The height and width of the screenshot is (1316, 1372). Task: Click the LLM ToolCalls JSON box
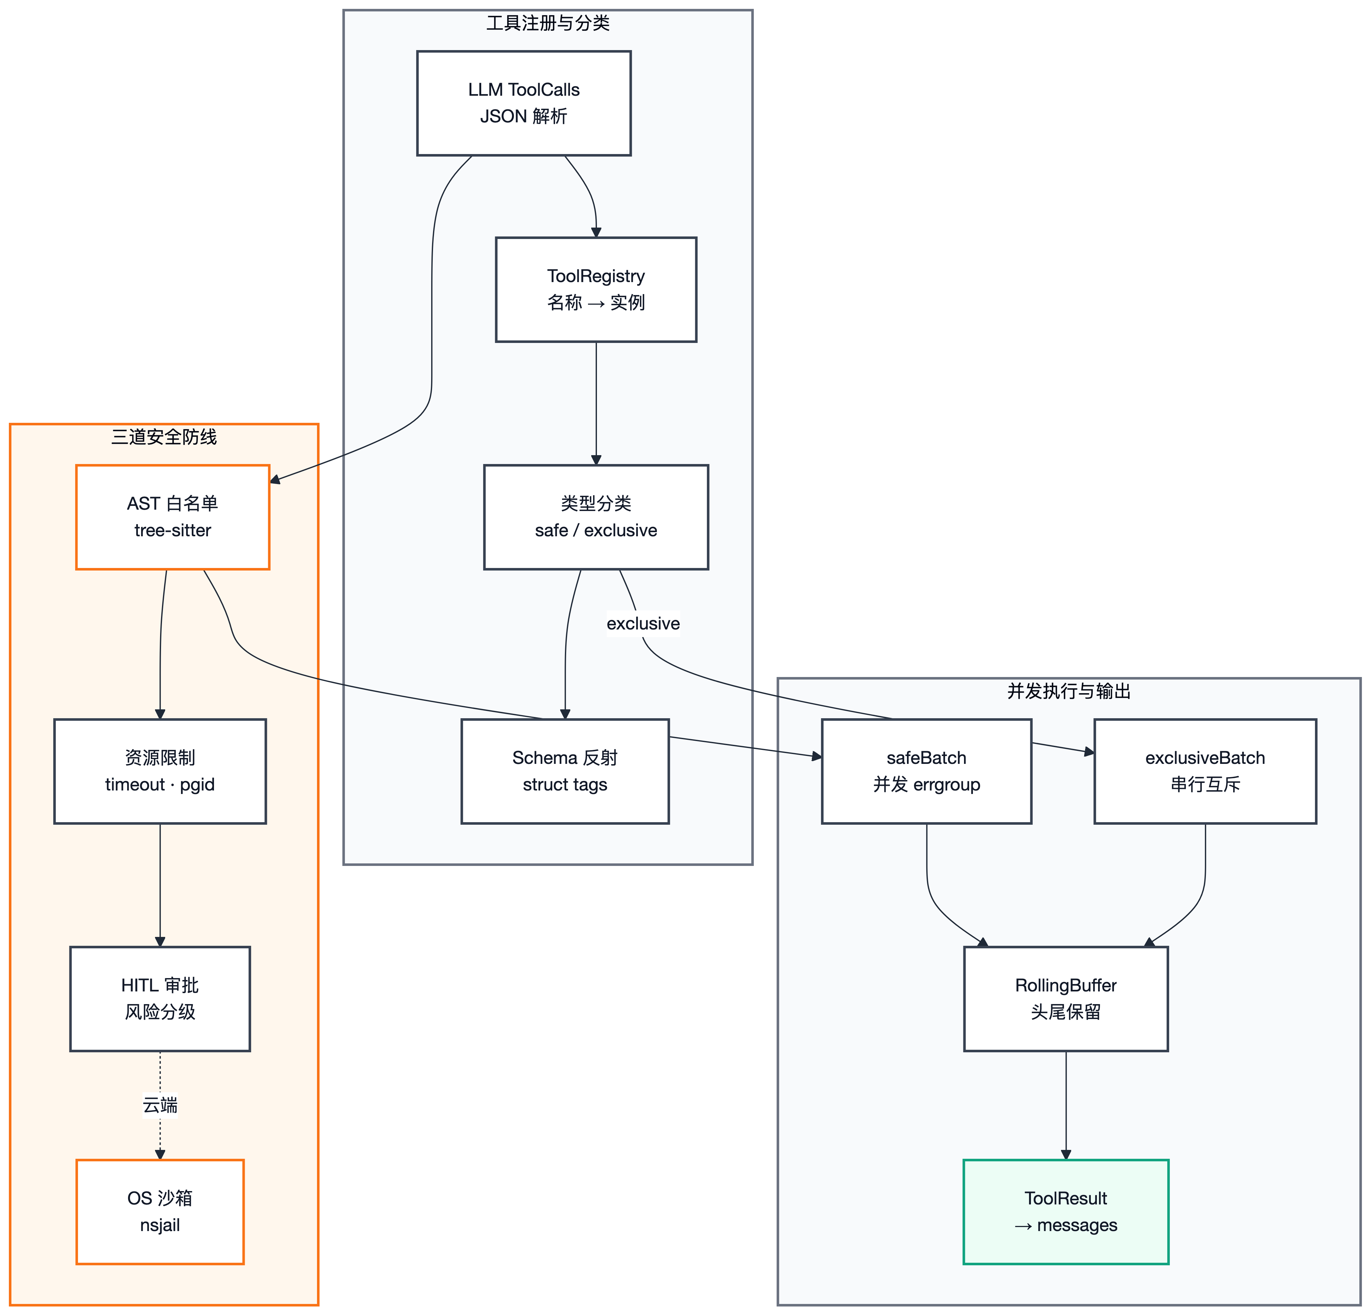[524, 103]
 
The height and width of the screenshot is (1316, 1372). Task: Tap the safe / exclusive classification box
[596, 517]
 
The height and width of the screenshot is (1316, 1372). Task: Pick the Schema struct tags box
[565, 771]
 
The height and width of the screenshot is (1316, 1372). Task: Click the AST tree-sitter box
[173, 517]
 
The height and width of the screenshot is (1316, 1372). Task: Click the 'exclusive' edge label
[643, 623]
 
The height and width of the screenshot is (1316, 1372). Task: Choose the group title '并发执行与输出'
[1069, 691]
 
